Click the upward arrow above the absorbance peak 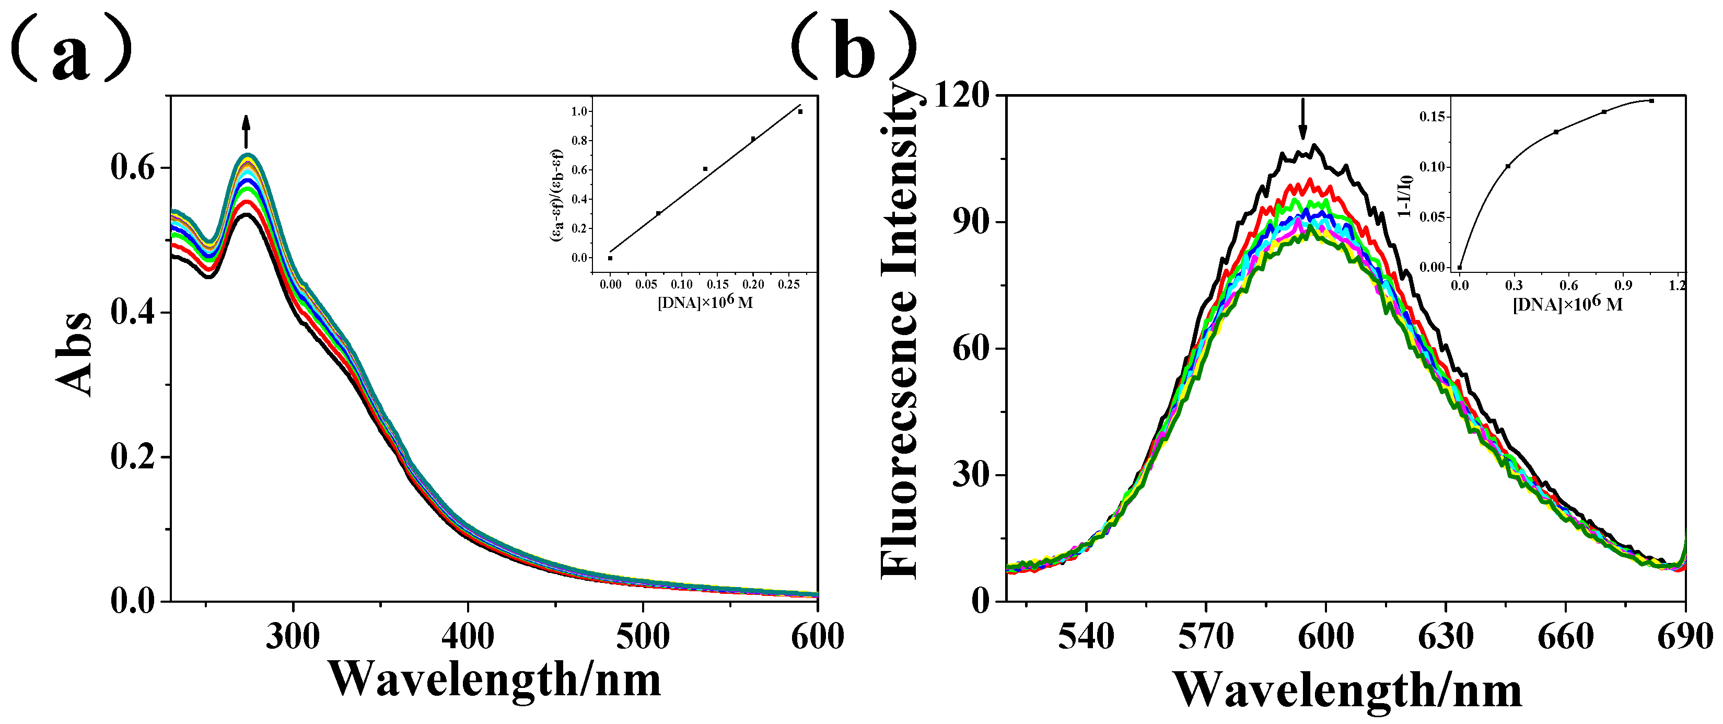246,131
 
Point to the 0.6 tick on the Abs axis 132,167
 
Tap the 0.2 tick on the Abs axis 132,457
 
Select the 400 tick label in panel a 468,636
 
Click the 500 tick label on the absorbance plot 643,636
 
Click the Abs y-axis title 74,354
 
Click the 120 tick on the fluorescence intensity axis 961,95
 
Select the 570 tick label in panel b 1206,636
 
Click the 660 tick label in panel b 1566,636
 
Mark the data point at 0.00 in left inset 610,258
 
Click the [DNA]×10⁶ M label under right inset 1567,304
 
